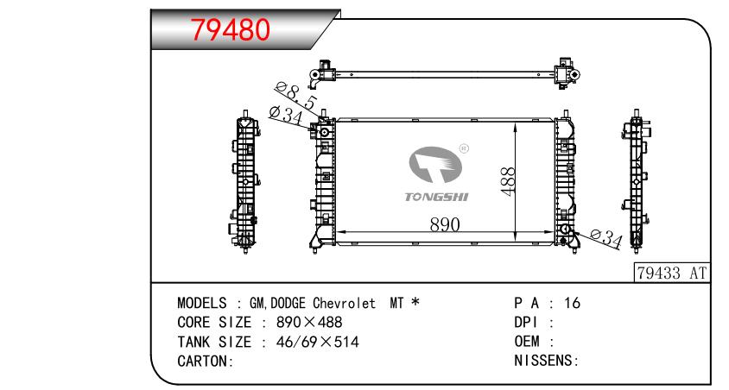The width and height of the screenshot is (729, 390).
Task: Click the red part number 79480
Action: pyautogui.click(x=230, y=29)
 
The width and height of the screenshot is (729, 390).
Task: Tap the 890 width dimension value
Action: pyautogui.click(x=445, y=224)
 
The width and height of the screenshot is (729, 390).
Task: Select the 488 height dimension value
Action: pyautogui.click(x=508, y=181)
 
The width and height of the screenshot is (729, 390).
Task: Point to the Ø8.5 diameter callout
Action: pyautogui.click(x=295, y=96)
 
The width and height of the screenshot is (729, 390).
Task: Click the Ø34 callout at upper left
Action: pyautogui.click(x=286, y=115)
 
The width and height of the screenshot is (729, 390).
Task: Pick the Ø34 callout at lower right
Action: pyautogui.click(x=606, y=238)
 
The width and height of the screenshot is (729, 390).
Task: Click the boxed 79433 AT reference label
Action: pyautogui.click(x=672, y=273)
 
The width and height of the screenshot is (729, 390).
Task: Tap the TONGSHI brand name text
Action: pyautogui.click(x=436, y=197)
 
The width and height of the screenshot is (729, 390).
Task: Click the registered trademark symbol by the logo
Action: pyautogui.click(x=464, y=148)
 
